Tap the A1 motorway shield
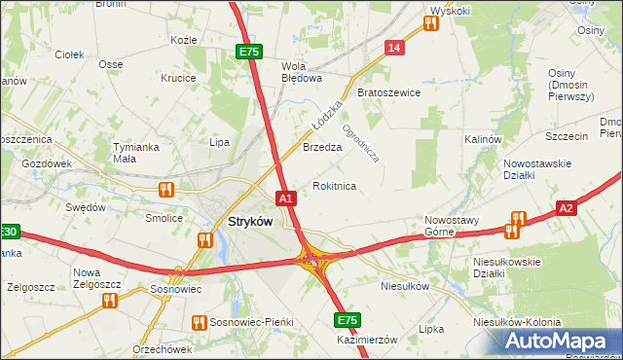(285, 198)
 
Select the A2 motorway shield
(568, 207)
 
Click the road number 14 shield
(393, 48)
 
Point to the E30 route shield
(9, 232)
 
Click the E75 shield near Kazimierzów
(346, 320)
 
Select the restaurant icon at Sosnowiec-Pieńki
(199, 321)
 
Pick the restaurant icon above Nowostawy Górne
(517, 219)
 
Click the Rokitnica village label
(334, 186)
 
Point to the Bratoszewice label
(388, 93)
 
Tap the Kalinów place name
(482, 139)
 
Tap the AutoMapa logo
(562, 341)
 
